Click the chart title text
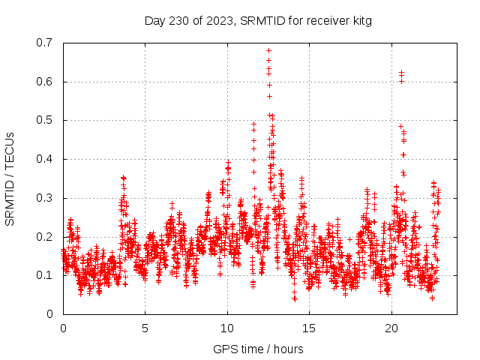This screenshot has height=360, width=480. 258,20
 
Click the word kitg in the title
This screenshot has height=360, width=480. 360,20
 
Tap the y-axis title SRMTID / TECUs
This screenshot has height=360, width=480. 10,178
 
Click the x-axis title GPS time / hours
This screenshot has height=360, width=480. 258,349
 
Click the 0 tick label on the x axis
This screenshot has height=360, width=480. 63,328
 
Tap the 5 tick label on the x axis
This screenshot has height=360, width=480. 145,328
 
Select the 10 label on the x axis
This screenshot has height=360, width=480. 227,328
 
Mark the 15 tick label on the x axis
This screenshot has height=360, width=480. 309,328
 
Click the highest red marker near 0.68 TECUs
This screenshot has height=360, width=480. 268,51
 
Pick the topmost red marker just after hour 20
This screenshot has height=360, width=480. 401,73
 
